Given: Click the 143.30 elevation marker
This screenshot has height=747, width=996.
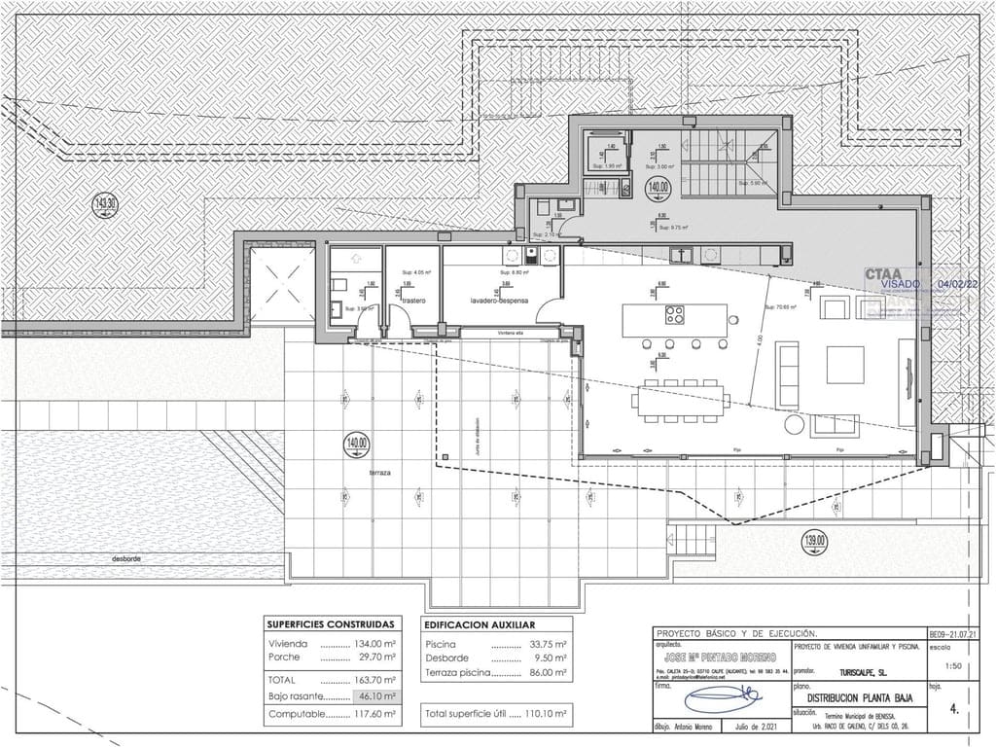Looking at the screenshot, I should pos(105,204).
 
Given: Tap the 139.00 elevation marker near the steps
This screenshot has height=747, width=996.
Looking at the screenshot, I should pos(815,540).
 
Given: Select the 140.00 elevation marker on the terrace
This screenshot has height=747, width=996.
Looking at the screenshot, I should pos(357,445).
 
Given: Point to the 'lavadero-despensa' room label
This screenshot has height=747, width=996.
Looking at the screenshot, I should pos(498,302).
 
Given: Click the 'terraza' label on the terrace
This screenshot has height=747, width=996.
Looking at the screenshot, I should pos(379,472).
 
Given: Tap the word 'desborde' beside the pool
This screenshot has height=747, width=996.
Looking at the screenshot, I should pos(127,558).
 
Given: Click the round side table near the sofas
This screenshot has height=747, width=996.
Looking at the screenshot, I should pos(795,425).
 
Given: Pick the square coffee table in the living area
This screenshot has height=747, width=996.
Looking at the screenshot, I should pos(844,365).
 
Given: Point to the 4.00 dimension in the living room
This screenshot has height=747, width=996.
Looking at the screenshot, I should pos(762,342).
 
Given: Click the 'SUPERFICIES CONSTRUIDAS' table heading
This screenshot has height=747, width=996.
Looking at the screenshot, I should pos(331,624).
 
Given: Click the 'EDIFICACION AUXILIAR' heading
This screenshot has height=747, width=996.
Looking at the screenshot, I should pos(480,624).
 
